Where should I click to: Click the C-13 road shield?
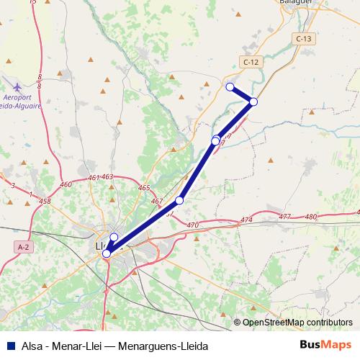click(302, 37)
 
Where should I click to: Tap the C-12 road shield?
click(251, 63)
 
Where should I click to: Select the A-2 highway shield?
click(24, 247)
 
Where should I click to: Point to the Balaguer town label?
click(295, 3)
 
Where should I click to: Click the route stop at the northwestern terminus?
click(230, 87)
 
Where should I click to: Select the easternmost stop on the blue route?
click(253, 102)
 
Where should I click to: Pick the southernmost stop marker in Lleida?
click(107, 253)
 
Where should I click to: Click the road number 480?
click(311, 216)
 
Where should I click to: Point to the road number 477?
click(284, 216)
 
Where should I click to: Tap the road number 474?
click(247, 220)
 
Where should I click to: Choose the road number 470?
click(192, 226)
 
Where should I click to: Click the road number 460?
click(67, 185)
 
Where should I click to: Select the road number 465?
click(143, 188)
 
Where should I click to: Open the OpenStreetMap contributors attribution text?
click(297, 323)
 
